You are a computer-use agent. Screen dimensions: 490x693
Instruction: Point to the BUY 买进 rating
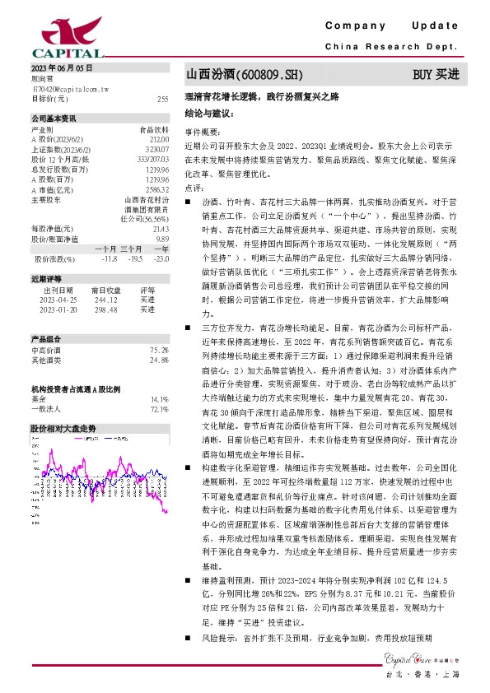pyautogui.click(x=436, y=75)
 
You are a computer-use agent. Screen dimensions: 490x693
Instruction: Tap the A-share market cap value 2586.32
pyautogui.click(x=156, y=188)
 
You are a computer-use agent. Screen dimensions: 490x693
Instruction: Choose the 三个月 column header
pyautogui.click(x=131, y=249)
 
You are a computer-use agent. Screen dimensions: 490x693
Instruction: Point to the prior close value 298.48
pyautogui.click(x=107, y=309)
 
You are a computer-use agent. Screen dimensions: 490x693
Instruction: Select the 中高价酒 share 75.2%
pyautogui.click(x=159, y=350)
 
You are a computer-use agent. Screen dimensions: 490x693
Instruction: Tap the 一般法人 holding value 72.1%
pyautogui.click(x=159, y=409)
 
